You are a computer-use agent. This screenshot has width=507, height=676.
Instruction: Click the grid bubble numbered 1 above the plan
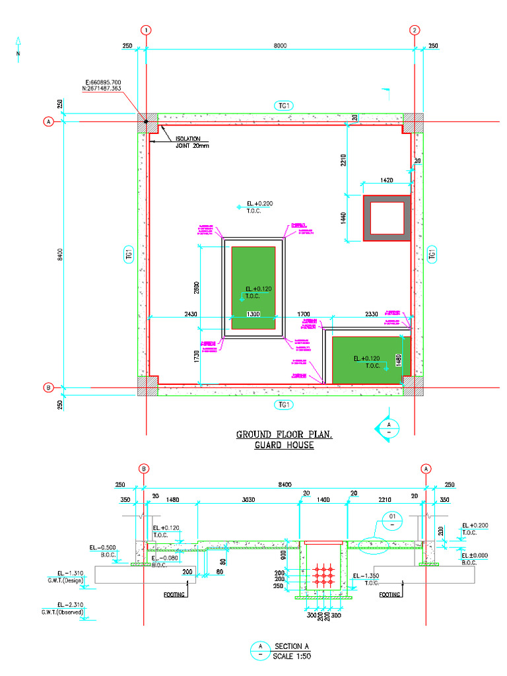[x=146, y=30]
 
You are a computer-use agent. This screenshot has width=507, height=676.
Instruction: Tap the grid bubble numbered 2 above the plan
[x=415, y=30]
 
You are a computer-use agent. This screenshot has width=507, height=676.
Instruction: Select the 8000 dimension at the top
[x=281, y=46]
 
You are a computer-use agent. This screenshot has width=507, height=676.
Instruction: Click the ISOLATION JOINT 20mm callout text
[x=192, y=142]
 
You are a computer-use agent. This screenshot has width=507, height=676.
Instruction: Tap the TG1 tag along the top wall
[x=284, y=106]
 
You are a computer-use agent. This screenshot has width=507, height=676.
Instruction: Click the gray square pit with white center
[x=386, y=218]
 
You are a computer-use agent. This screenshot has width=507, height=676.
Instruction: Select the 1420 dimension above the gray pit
[x=386, y=180]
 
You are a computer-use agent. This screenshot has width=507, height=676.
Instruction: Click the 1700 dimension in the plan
[x=304, y=314]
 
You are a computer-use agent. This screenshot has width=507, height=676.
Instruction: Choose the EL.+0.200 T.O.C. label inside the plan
[x=259, y=207]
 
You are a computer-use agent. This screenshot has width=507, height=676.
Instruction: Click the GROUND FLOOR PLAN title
[x=285, y=434]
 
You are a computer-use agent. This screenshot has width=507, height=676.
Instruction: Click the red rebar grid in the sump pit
[x=323, y=575]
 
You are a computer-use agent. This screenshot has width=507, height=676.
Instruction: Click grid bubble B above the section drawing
[x=144, y=469]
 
